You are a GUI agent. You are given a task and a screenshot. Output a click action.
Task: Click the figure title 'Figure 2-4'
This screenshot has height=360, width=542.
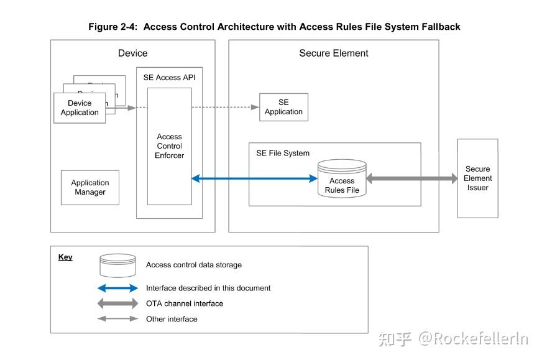pyautogui.click(x=273, y=27)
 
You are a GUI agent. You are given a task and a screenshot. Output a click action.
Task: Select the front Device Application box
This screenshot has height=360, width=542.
pyautogui.click(x=80, y=108)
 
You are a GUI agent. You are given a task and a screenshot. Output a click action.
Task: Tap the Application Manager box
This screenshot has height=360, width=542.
pyautogui.click(x=90, y=187)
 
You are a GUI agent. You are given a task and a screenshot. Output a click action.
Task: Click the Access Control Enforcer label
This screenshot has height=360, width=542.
pyautogui.click(x=169, y=146)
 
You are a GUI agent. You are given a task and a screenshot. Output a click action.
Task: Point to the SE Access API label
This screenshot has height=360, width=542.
pyautogui.click(x=169, y=78)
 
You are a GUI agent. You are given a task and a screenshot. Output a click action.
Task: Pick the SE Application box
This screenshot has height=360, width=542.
pyautogui.click(x=283, y=107)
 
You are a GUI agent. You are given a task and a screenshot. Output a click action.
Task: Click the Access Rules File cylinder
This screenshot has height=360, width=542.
pyautogui.click(x=342, y=180)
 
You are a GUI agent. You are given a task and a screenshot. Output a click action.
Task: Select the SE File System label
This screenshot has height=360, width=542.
pyautogui.click(x=283, y=153)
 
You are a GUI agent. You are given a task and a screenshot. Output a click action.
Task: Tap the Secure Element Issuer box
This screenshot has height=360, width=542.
pyautogui.click(x=477, y=178)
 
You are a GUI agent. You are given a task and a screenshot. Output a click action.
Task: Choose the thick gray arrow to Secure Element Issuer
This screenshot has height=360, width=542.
pyautogui.click(x=412, y=178)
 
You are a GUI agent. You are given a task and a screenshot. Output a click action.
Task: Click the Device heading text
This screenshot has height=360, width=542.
pyautogui.click(x=132, y=53)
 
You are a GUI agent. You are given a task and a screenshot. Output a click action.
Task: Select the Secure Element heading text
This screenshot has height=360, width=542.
pyautogui.click(x=333, y=53)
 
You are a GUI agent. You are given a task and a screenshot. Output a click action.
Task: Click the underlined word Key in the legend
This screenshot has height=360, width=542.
pyautogui.click(x=65, y=257)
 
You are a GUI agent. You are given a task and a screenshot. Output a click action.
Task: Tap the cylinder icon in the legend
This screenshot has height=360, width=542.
pyautogui.click(x=117, y=265)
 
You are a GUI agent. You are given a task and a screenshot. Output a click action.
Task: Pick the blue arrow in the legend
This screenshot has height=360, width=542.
pyautogui.click(x=117, y=288)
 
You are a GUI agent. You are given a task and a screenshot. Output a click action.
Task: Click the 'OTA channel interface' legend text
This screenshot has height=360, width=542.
pyautogui.click(x=184, y=303)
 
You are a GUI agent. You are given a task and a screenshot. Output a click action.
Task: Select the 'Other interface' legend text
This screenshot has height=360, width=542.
pyautogui.click(x=172, y=319)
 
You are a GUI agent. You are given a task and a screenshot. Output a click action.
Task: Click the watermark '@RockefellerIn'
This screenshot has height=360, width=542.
pyautogui.click(x=472, y=339)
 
